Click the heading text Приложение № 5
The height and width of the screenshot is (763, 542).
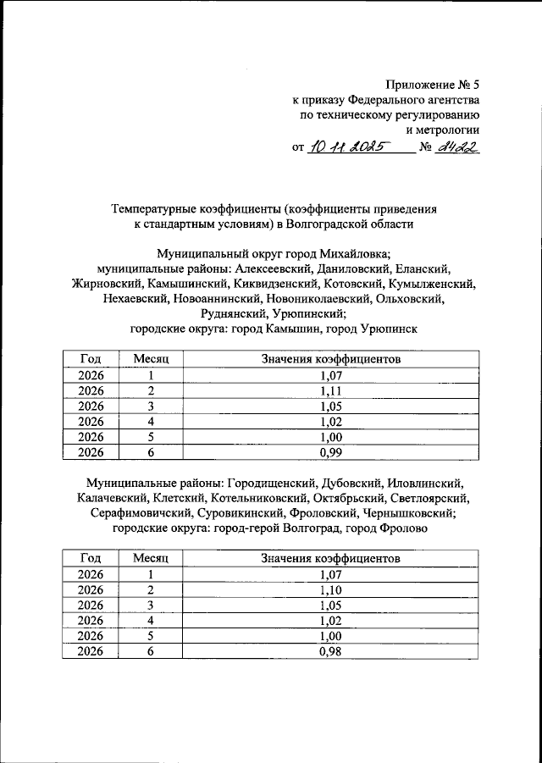[x=433, y=84]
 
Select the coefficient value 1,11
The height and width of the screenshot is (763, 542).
[x=330, y=391]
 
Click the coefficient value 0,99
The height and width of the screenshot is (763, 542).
[x=330, y=452]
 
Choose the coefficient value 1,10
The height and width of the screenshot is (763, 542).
[x=330, y=590]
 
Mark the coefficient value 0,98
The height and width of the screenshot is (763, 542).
[x=330, y=651]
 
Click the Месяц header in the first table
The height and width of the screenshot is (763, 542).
[x=152, y=360]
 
